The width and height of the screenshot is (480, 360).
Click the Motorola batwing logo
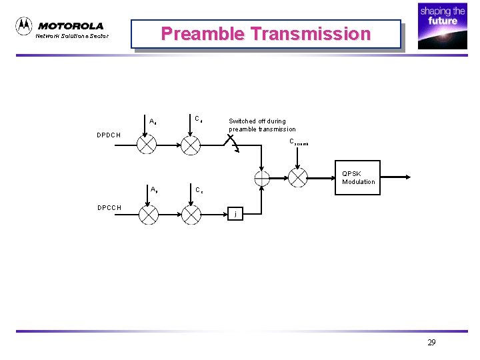click(24, 26)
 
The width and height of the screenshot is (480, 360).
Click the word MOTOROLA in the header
click(71, 26)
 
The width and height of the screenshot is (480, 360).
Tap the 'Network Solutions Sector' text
click(71, 36)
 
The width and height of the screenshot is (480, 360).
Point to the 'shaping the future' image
click(442, 27)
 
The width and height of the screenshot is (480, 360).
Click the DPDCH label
click(109, 135)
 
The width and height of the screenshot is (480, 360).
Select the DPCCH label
click(109, 207)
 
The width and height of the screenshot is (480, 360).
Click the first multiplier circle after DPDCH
click(148, 144)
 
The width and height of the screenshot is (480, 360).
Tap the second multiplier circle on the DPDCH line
click(191, 144)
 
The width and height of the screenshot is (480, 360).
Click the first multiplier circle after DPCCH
click(148, 215)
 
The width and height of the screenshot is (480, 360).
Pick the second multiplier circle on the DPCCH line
click(191, 215)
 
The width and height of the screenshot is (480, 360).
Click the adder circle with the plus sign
click(261, 177)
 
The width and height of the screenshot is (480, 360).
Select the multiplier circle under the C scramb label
click(297, 177)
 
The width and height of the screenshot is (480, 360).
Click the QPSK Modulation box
click(358, 177)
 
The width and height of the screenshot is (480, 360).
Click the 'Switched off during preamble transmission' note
click(262, 125)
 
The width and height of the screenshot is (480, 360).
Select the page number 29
click(431, 343)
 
